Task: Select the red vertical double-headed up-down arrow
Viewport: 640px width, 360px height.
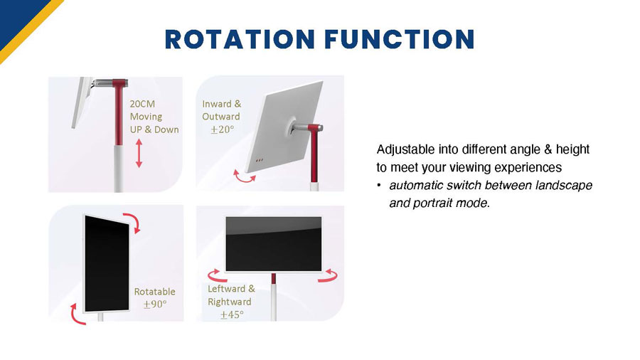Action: pyautogui.click(x=139, y=154)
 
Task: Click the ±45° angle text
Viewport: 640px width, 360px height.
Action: pyautogui.click(x=231, y=314)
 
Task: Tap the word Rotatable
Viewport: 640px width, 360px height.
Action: pyautogui.click(x=154, y=292)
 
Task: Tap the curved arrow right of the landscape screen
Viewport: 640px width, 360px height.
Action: pyautogui.click(x=327, y=275)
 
